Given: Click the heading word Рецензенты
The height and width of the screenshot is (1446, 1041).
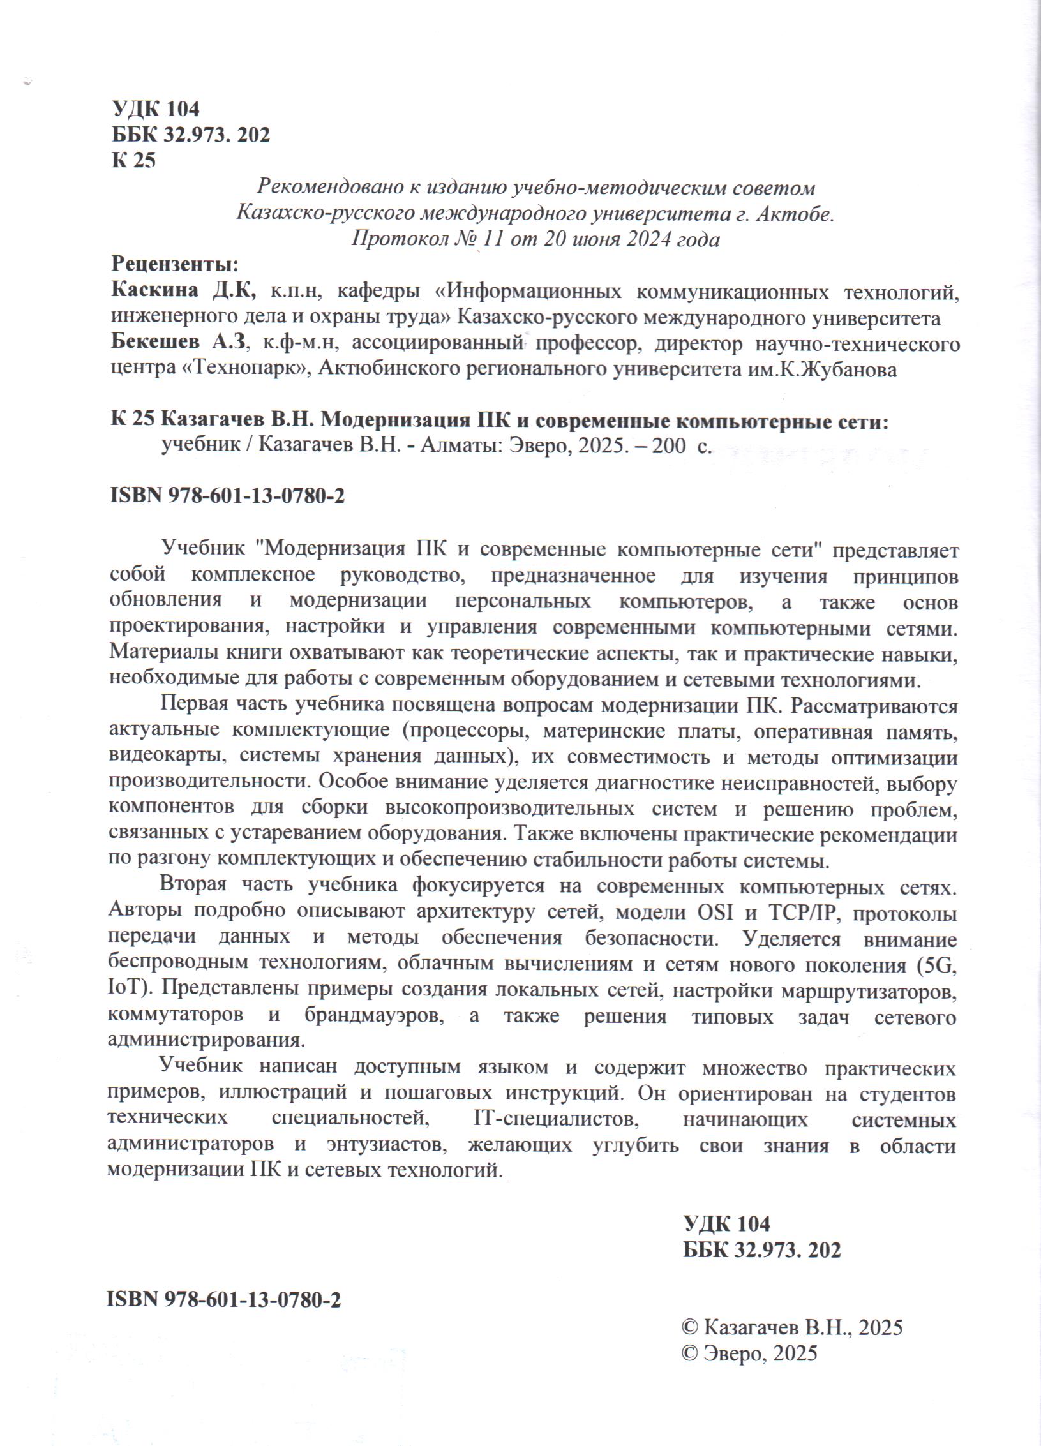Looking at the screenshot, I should (175, 264).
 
